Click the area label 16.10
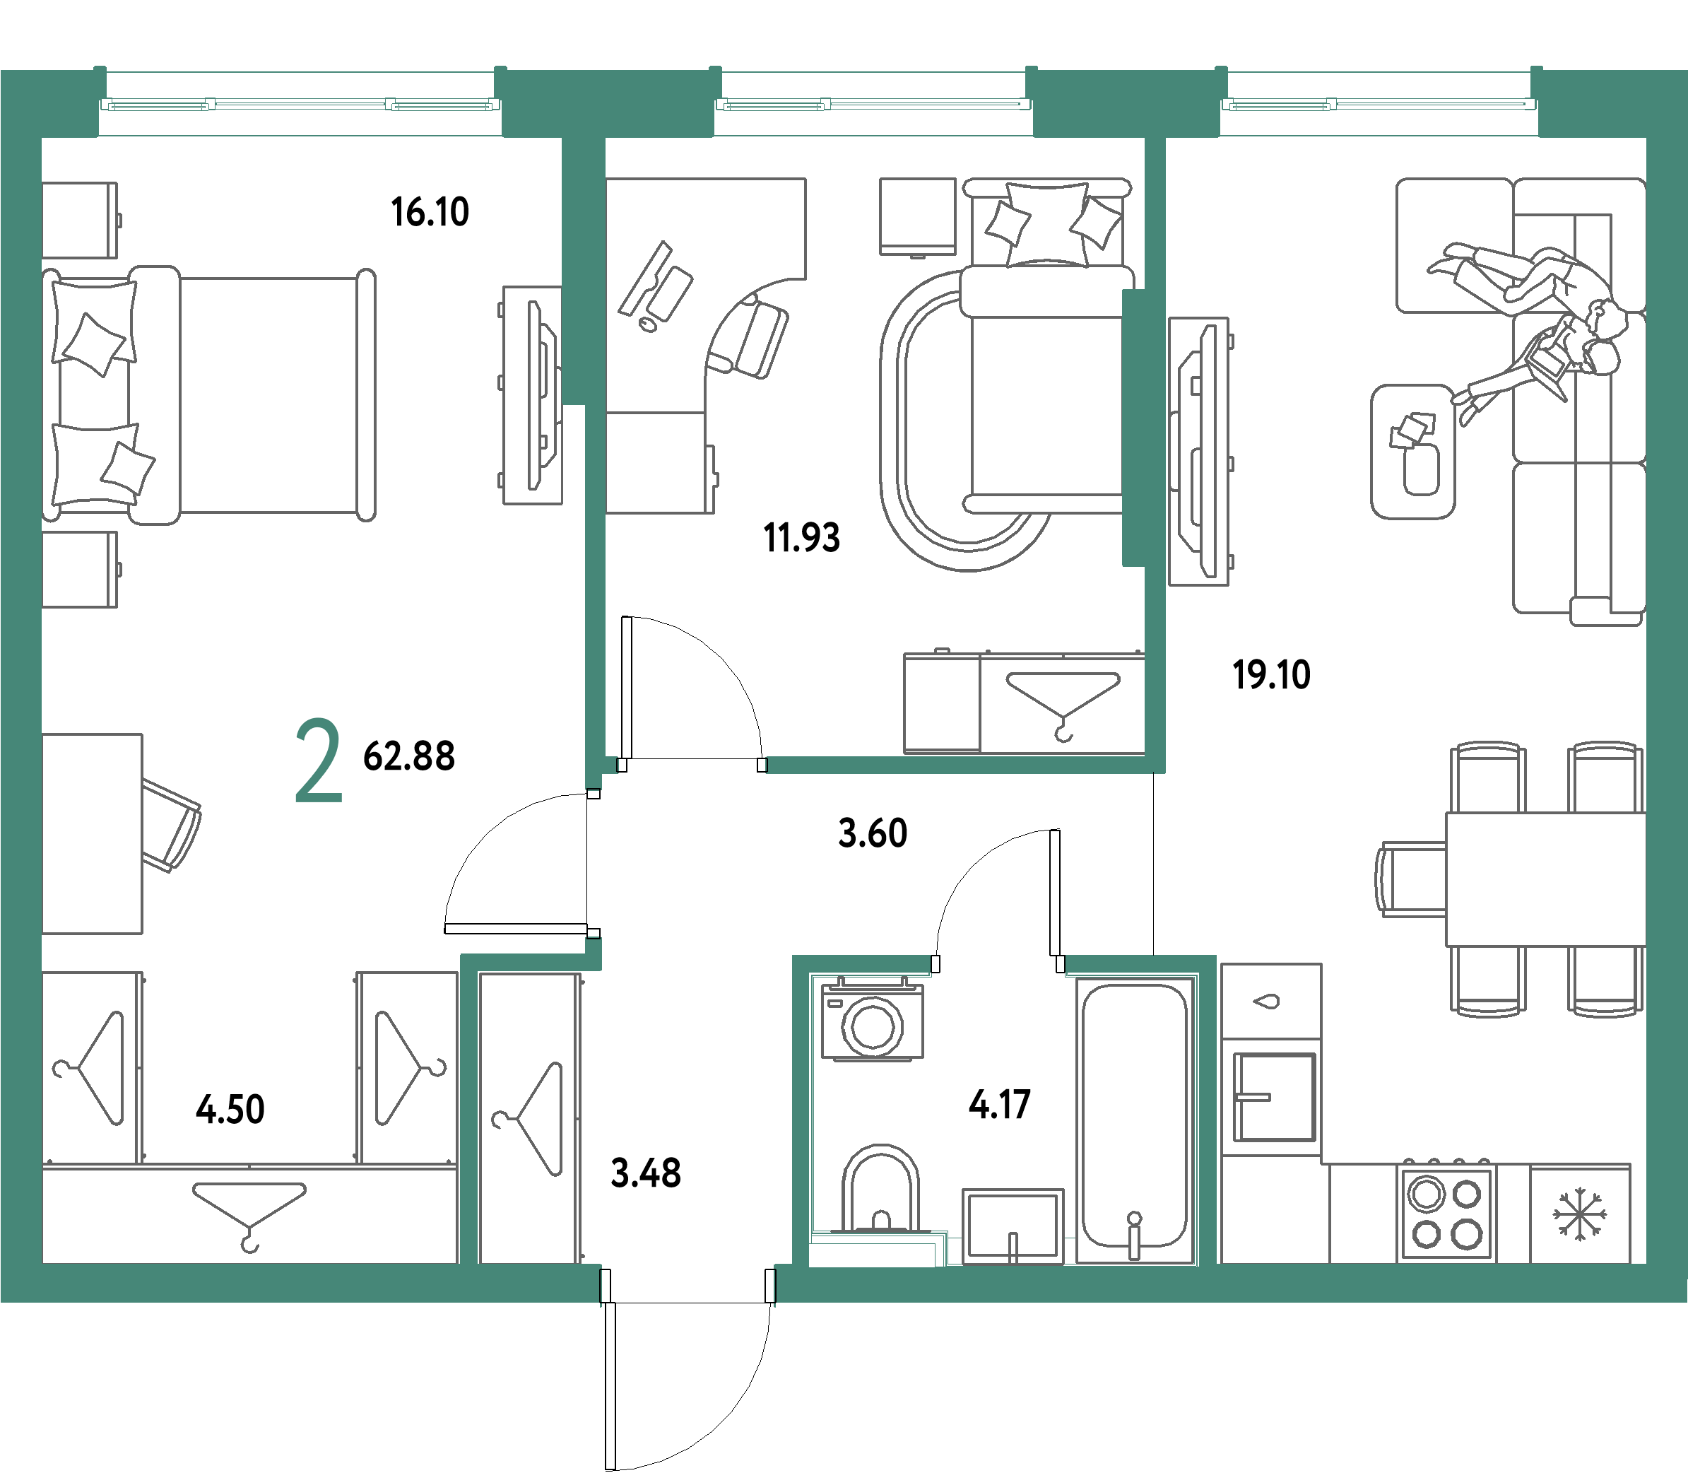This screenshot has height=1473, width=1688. tap(430, 212)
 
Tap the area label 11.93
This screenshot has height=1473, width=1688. tap(801, 539)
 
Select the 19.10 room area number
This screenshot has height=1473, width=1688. tap(1271, 675)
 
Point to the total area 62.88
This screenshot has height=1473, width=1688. tap(408, 756)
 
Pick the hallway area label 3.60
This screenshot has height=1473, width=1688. tap(873, 833)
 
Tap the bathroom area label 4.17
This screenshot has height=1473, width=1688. tap(999, 1105)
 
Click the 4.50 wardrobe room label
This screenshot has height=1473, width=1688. tap(230, 1110)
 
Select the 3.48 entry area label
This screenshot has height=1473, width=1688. tap(646, 1174)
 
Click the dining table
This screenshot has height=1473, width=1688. tap(1545, 879)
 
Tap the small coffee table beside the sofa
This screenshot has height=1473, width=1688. tap(1412, 452)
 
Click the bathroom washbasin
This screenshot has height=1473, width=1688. tap(1013, 1226)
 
